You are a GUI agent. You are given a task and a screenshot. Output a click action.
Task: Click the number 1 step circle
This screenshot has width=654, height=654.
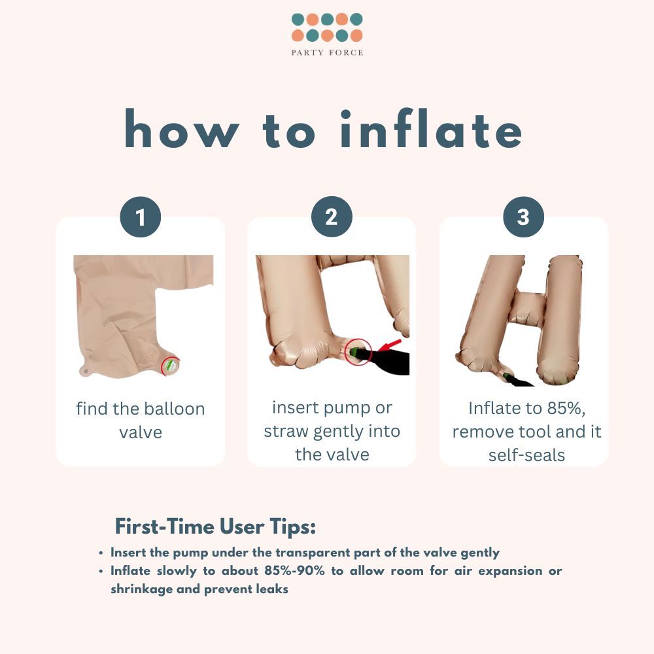click(141, 217)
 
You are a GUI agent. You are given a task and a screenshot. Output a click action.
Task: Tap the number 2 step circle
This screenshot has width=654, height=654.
click(332, 217)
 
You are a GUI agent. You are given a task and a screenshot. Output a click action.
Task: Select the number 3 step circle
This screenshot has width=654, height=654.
click(523, 217)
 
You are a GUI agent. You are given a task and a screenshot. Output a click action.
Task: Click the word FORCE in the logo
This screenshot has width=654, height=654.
click(346, 52)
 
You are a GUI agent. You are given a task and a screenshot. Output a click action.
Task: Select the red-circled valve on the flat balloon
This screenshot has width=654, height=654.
click(171, 366)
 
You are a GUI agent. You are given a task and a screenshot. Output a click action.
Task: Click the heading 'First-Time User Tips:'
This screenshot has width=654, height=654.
click(215, 526)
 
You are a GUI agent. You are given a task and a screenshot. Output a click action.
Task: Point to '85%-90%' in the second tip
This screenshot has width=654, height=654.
click(294, 570)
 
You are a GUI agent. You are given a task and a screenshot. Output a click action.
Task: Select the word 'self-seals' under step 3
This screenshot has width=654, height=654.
click(526, 455)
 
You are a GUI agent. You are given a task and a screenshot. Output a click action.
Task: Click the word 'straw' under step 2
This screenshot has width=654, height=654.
click(286, 432)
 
